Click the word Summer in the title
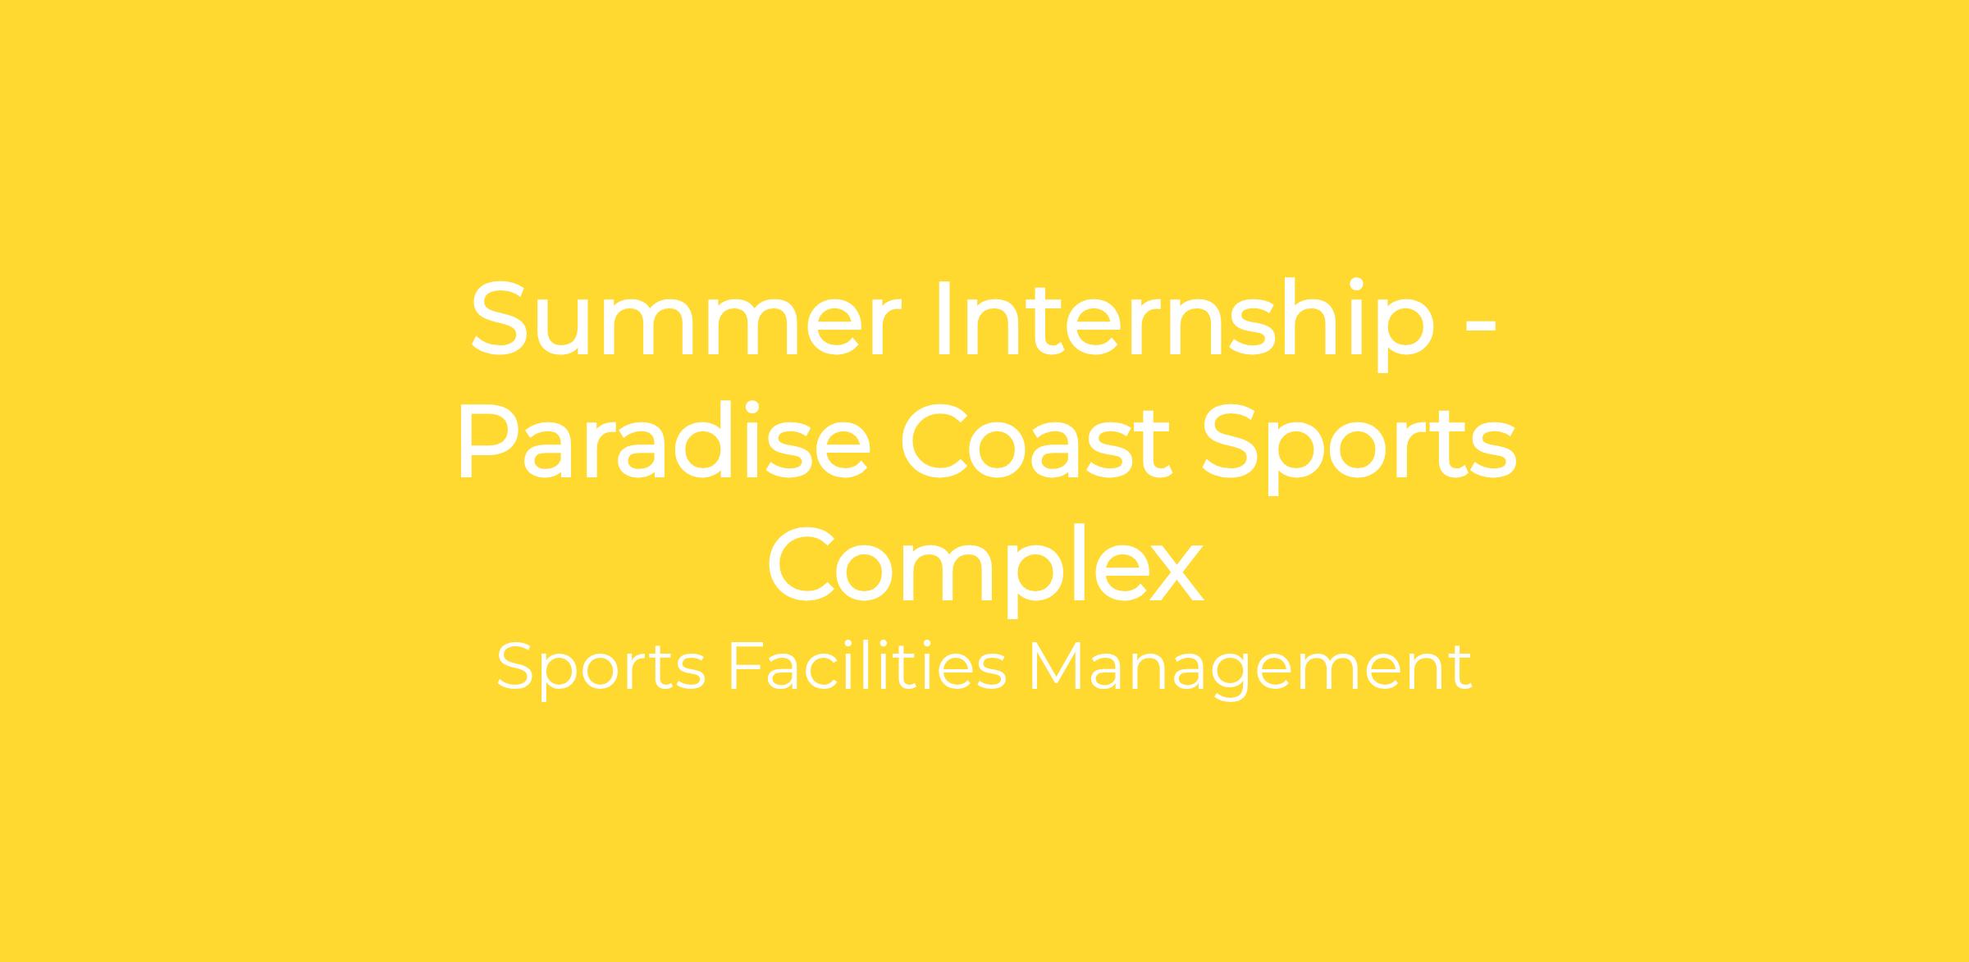[687, 318]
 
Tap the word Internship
[1186, 325]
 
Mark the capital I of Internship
[943, 318]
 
